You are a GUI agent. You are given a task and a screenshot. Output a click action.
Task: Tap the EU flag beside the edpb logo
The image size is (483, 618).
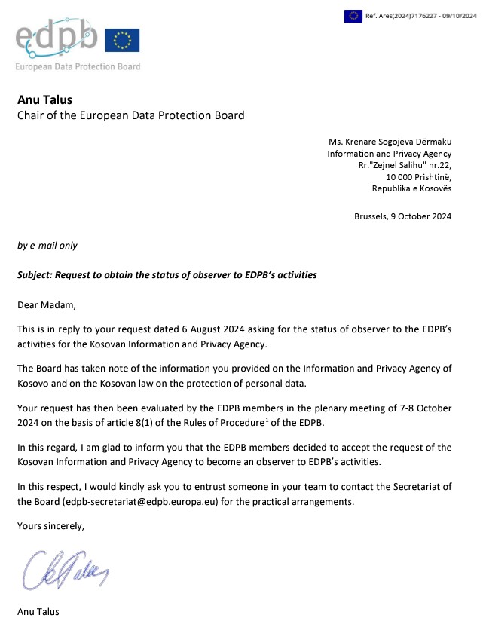tap(123, 40)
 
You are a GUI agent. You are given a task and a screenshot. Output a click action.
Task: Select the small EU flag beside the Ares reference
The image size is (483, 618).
tap(353, 14)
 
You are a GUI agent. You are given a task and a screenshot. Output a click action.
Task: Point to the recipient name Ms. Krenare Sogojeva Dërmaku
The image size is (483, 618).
tap(390, 141)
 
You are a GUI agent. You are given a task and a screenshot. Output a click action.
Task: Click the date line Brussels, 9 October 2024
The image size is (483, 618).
tap(402, 216)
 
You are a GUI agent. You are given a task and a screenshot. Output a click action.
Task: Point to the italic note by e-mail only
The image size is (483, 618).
tap(47, 246)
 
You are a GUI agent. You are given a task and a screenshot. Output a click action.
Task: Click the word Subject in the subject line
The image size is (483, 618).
tap(35, 275)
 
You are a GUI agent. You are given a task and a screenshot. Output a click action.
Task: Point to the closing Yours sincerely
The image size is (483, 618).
tap(50, 526)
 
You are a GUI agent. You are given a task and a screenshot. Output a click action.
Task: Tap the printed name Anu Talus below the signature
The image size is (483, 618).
tap(38, 611)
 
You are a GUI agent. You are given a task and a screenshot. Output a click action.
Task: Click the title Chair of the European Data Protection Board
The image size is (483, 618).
tap(130, 115)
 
